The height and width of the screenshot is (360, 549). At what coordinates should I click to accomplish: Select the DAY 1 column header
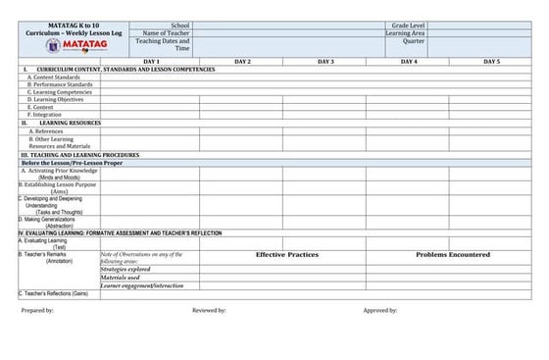click(x=151, y=61)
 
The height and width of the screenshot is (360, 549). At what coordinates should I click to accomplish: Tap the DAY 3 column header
click(x=325, y=61)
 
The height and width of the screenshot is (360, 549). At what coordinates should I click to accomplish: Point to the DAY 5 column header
click(x=490, y=61)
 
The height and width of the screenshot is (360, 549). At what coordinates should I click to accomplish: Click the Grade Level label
click(x=409, y=24)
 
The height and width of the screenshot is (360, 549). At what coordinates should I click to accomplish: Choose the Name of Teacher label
click(x=166, y=32)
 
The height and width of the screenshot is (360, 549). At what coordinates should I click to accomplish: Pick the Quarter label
click(x=413, y=41)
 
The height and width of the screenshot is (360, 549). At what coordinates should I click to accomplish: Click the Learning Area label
click(x=405, y=32)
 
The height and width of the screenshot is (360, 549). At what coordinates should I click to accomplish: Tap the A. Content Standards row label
click(x=54, y=77)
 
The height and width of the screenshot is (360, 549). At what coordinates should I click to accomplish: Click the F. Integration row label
click(x=45, y=114)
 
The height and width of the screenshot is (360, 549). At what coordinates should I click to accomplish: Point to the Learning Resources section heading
click(x=70, y=123)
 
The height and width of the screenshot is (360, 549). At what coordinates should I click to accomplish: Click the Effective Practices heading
click(x=286, y=254)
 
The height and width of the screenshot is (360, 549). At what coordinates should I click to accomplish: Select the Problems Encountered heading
click(x=452, y=254)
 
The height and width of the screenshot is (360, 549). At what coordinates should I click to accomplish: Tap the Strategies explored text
click(x=125, y=269)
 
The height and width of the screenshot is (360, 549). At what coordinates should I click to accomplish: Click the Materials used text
click(x=121, y=278)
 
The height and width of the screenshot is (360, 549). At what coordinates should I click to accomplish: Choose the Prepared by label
click(x=37, y=310)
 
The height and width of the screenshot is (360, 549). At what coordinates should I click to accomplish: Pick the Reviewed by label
click(x=209, y=310)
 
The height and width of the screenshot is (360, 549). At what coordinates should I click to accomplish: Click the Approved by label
click(x=379, y=310)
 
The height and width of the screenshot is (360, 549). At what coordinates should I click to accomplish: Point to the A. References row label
click(x=47, y=130)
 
